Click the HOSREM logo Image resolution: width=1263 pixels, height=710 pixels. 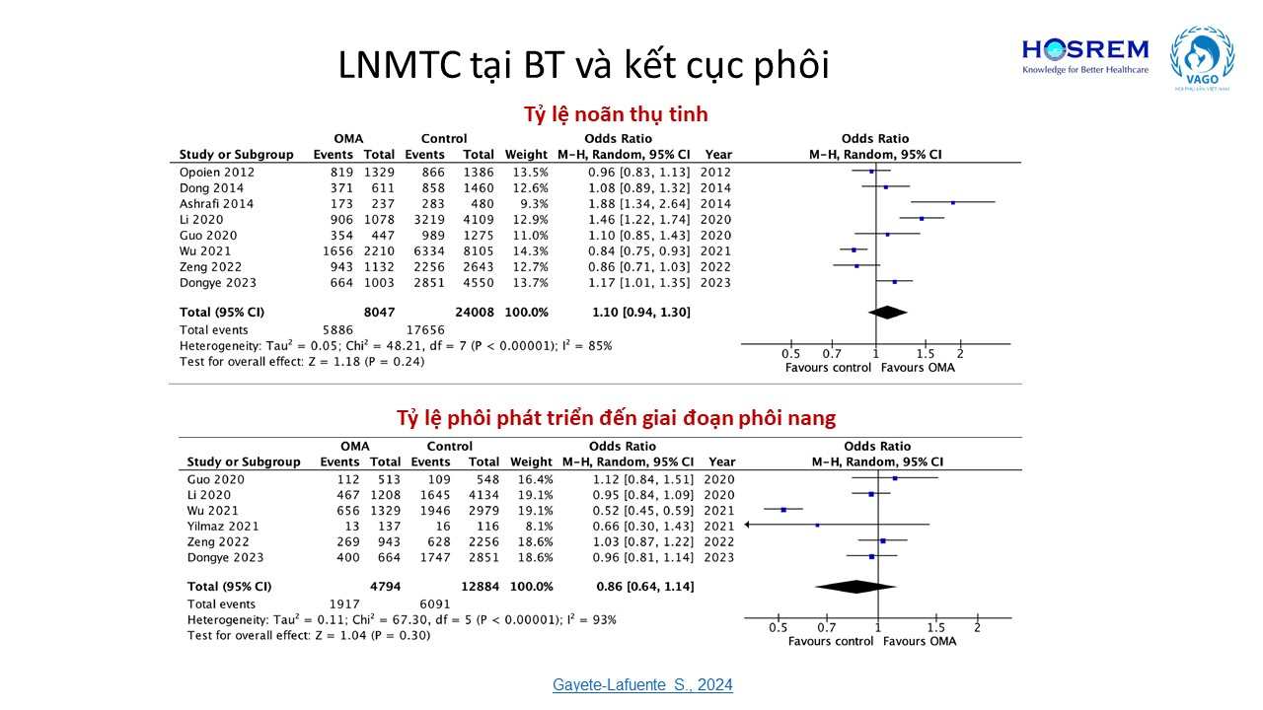1084,55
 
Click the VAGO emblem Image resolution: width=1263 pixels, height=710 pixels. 1201,59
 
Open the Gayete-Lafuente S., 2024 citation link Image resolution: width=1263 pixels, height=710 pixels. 642,684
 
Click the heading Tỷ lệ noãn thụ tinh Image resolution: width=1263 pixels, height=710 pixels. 616,113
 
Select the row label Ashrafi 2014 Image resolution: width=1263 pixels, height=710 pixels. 216,203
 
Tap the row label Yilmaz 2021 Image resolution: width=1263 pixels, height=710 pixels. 224,527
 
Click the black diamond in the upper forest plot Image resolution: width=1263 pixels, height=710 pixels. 888,312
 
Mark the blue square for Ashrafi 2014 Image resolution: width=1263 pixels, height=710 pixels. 953,203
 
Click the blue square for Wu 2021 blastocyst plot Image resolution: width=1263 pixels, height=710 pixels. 783,510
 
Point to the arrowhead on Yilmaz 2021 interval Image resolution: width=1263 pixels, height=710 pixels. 749,526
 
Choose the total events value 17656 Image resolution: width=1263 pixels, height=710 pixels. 425,329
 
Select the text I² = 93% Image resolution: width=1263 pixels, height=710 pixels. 590,619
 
